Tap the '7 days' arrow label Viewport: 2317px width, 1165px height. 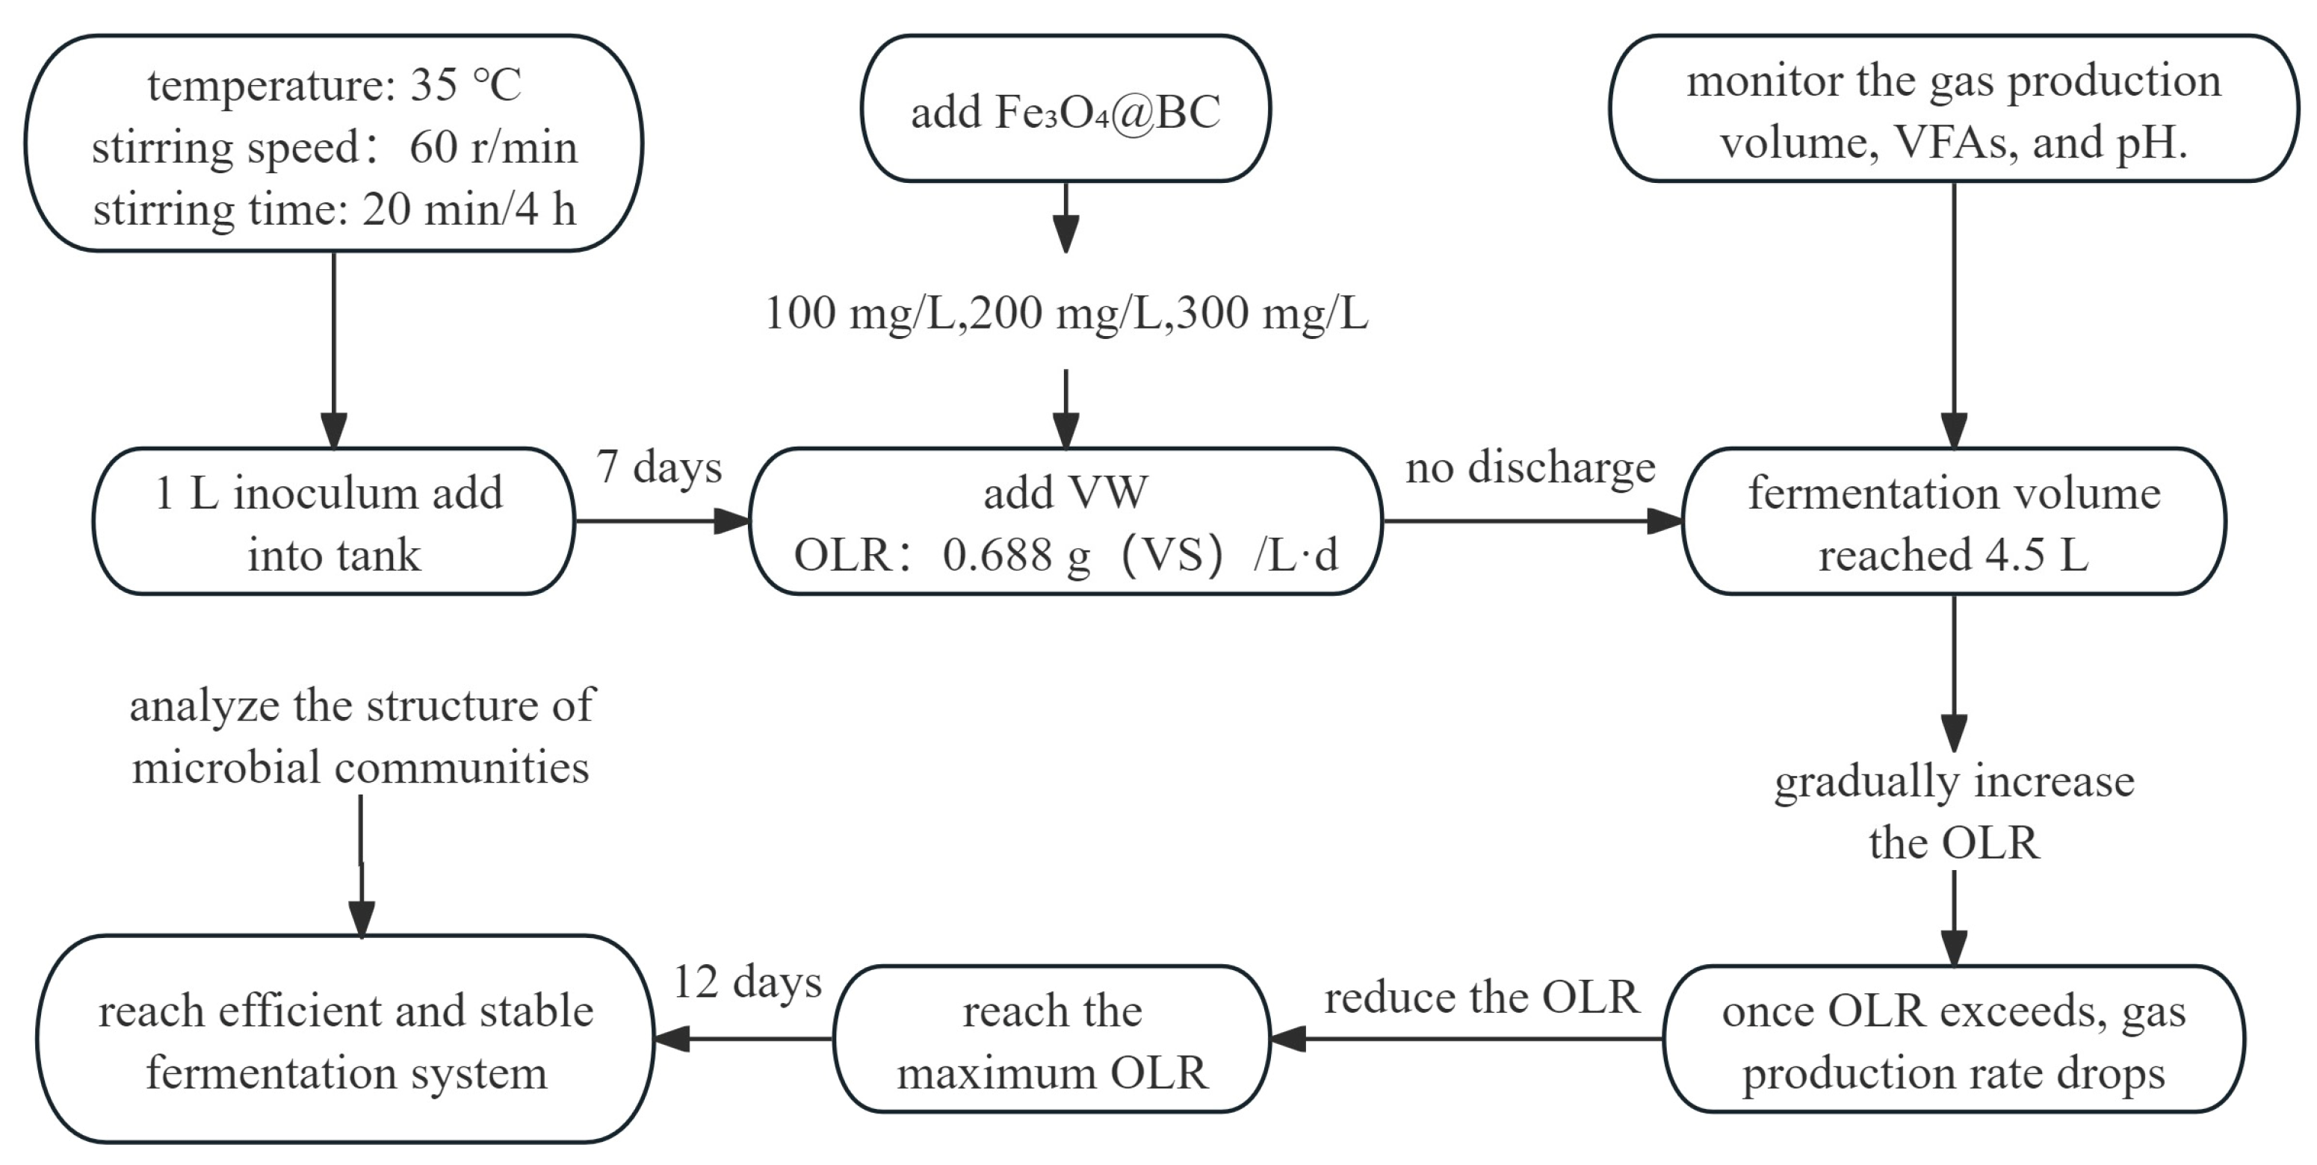click(x=658, y=467)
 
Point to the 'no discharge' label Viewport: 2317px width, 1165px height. click(x=1530, y=467)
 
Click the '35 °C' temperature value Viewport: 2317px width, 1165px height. click(x=465, y=85)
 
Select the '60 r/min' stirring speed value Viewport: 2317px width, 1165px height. click(x=493, y=147)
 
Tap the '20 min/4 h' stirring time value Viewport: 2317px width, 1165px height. click(x=468, y=209)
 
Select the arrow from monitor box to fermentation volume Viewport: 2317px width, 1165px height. click(x=1954, y=314)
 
